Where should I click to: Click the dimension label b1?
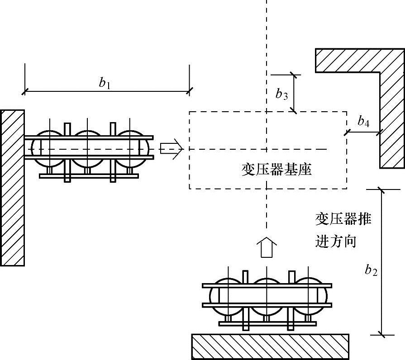(105, 83)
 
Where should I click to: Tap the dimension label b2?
(371, 270)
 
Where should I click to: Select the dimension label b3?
(281, 94)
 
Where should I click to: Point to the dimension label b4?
(363, 121)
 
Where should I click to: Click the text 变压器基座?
(276, 170)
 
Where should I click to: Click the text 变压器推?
(343, 219)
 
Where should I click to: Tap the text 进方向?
(336, 242)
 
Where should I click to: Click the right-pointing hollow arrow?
(172, 149)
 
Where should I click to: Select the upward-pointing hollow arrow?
(267, 247)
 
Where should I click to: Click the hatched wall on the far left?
(12, 188)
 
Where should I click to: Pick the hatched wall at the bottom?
(270, 346)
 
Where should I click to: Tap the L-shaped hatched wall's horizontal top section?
(360, 60)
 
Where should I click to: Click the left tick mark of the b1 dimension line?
(25, 91)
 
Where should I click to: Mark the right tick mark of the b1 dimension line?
(190, 91)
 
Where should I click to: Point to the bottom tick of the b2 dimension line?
(381, 335)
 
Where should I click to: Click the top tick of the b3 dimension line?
(294, 75)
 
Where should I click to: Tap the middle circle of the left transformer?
(87, 149)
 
